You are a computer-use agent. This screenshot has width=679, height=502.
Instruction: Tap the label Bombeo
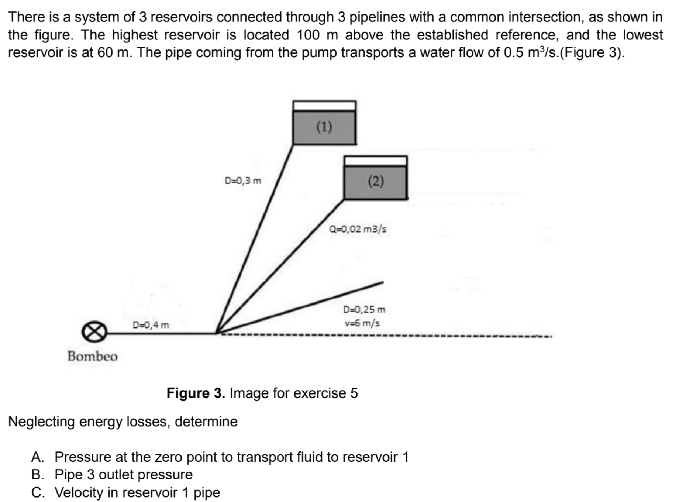click(93, 357)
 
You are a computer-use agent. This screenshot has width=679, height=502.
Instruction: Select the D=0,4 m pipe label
click(151, 325)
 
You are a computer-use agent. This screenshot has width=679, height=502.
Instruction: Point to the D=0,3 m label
click(243, 180)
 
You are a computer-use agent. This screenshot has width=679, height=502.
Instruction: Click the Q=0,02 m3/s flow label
click(358, 229)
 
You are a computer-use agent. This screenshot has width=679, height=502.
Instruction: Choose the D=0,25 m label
click(364, 309)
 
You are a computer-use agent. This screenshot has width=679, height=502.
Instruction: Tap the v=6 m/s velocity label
click(362, 323)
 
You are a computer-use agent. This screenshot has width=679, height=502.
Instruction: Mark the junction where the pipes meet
click(217, 333)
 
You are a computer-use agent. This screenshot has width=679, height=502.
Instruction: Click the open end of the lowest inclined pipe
click(383, 283)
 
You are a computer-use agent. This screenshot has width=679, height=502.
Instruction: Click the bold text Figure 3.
click(196, 393)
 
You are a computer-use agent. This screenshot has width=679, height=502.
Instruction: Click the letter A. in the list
click(38, 457)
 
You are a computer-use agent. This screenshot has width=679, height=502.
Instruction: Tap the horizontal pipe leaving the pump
click(162, 333)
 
